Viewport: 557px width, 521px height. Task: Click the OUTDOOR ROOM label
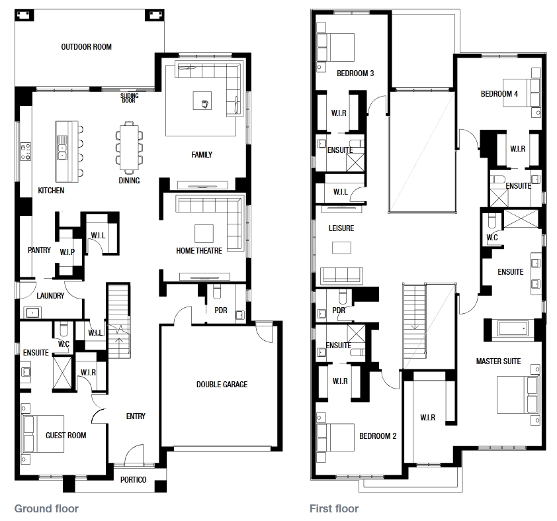tap(86, 47)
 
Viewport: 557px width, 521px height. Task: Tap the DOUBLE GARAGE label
tap(222, 384)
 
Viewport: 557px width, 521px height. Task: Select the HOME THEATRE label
tap(199, 251)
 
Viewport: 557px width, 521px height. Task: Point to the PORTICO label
tap(133, 480)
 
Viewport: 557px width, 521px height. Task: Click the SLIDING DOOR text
tap(129, 98)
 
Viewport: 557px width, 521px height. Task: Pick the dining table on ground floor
tap(129, 147)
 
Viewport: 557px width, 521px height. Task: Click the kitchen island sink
tap(62, 148)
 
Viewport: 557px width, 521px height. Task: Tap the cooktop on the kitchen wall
tap(26, 152)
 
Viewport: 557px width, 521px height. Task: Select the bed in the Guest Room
tap(42, 434)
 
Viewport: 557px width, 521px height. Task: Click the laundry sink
tap(32, 312)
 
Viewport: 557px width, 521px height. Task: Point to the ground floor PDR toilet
tap(217, 291)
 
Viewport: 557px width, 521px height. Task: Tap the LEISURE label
tap(341, 228)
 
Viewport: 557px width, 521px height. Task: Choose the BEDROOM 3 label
tap(355, 73)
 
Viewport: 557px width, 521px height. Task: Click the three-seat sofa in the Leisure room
tap(341, 276)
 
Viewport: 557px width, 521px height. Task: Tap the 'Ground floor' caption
tap(46, 508)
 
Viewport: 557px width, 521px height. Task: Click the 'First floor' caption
tap(334, 508)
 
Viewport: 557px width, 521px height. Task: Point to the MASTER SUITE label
tap(498, 361)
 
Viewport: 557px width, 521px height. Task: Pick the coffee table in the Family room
tap(202, 101)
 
